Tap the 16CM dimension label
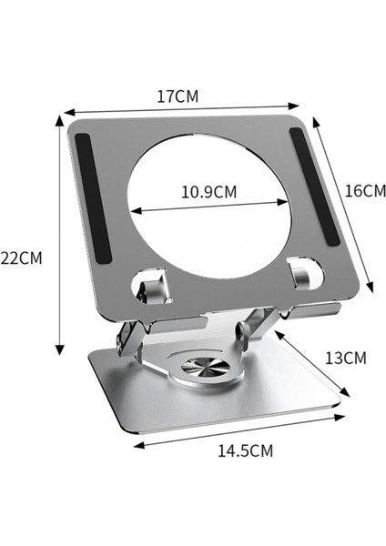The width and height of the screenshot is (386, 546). point(364,191)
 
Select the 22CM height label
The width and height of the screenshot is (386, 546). point(21,258)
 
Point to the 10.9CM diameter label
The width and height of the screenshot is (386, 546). point(208,192)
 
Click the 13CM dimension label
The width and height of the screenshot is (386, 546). point(345,358)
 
